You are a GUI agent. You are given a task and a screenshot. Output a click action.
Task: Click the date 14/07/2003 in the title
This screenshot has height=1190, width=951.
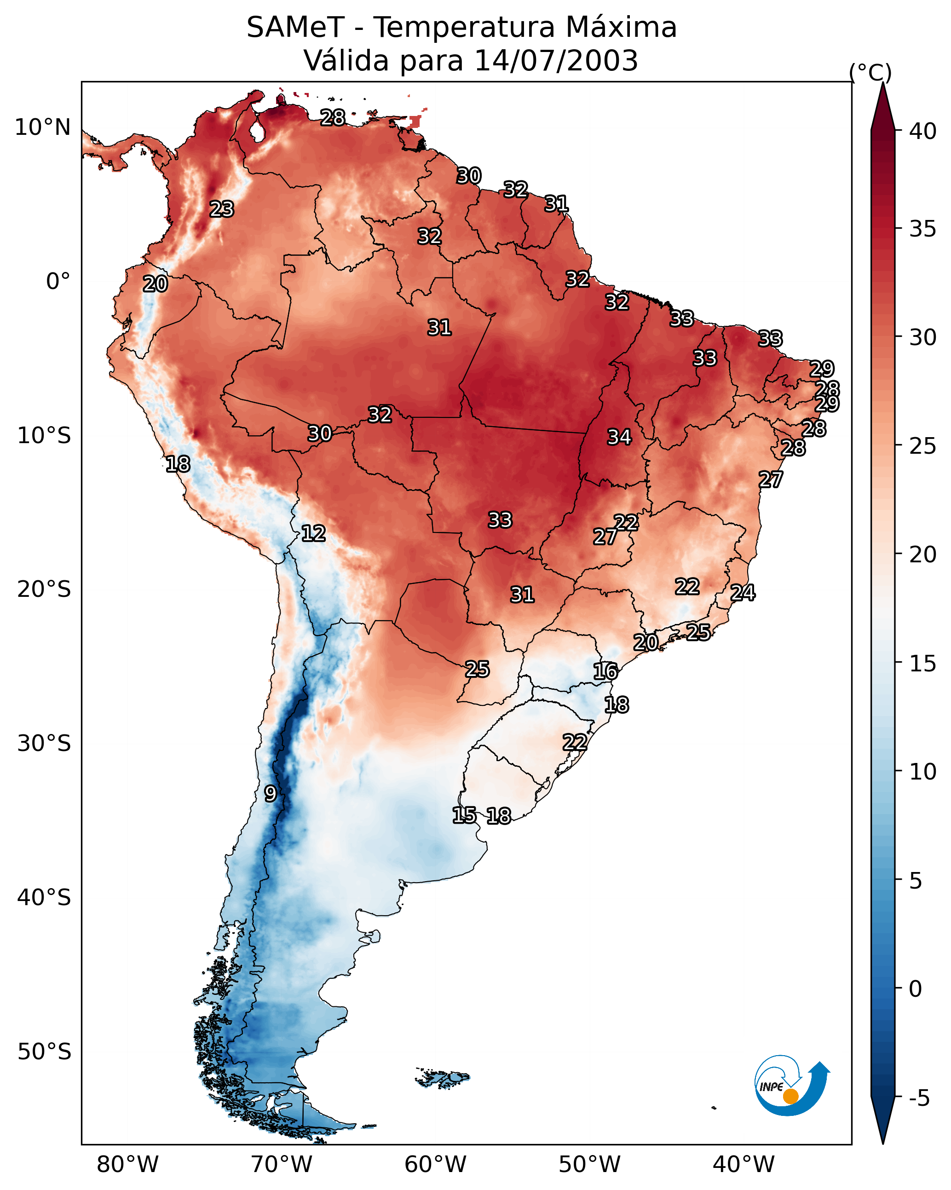(x=556, y=60)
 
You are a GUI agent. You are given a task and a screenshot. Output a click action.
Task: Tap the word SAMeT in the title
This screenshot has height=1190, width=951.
(x=295, y=27)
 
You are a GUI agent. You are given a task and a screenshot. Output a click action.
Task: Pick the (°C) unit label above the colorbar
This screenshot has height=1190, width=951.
(x=870, y=72)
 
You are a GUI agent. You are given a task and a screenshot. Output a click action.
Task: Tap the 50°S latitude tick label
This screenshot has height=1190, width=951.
(x=44, y=1052)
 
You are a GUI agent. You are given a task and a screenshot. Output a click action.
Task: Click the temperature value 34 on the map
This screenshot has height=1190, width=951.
(x=619, y=437)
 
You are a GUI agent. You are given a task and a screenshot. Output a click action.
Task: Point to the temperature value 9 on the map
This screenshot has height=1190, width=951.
(x=270, y=794)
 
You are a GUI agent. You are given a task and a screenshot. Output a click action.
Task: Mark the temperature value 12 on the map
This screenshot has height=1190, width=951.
(x=313, y=533)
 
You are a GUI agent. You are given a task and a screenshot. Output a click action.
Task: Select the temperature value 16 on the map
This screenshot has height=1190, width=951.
(x=605, y=671)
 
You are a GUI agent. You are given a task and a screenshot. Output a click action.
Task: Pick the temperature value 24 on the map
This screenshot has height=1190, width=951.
(x=743, y=593)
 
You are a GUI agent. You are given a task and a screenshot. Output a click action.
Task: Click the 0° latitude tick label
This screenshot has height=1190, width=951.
(x=58, y=282)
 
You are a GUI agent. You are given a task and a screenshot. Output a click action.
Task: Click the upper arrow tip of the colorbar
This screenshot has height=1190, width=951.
(x=883, y=83)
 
